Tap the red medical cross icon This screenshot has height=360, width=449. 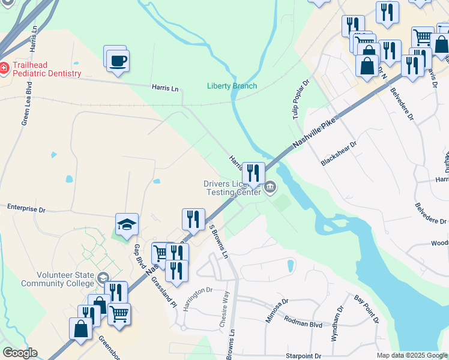coord(4,68)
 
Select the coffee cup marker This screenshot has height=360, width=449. coord(118,60)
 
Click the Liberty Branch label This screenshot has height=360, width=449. coord(232,86)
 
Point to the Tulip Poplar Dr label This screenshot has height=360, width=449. coord(301,99)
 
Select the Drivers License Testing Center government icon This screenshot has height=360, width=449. coord(271,189)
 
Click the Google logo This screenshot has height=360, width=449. coord(20,353)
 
